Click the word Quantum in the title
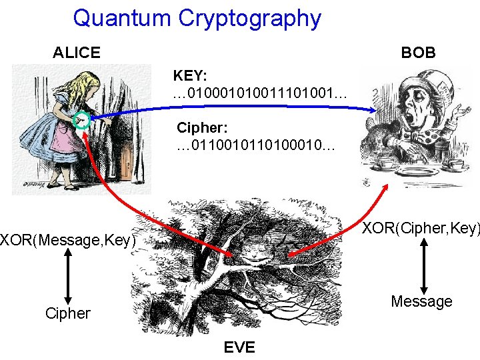122,18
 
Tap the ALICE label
77,52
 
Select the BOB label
418,52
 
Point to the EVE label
239,347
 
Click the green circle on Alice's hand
83,120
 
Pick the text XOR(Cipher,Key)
421,229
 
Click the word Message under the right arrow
421,301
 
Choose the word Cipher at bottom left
67,313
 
